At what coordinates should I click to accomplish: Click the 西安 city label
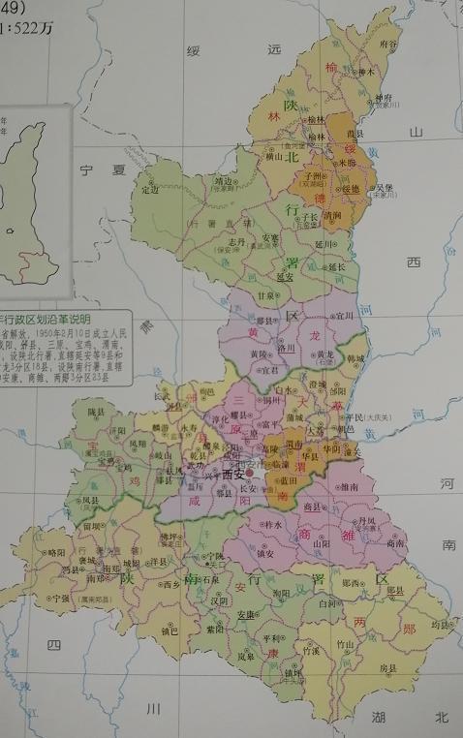click(x=233, y=475)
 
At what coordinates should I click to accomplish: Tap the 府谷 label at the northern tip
click(x=388, y=45)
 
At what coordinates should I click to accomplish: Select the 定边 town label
click(x=149, y=190)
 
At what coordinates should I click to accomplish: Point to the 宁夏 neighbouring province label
click(x=104, y=169)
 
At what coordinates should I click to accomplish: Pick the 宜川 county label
click(x=346, y=315)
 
